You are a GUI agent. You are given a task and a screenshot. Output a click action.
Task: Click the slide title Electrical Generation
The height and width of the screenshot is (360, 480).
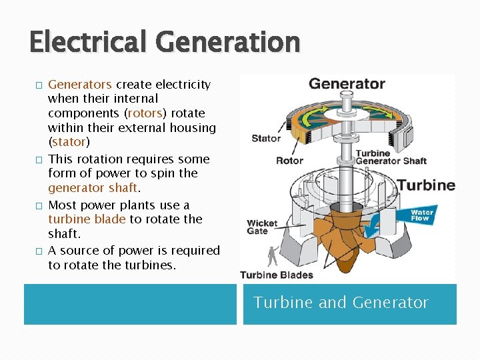[x=165, y=42]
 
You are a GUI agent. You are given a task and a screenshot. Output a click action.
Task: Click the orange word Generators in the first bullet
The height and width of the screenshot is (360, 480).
[x=80, y=85]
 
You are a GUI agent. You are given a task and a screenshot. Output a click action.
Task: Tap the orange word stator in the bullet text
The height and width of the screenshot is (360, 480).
[x=69, y=142]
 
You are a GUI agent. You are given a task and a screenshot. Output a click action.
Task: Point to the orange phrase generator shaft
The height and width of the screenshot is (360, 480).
[x=93, y=188]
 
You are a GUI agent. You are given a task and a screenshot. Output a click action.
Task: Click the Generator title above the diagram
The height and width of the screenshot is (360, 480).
[x=347, y=84]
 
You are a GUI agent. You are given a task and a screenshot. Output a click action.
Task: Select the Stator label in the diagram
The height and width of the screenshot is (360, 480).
[x=266, y=139]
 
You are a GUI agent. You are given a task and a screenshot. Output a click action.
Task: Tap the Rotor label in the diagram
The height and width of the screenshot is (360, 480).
[x=289, y=160]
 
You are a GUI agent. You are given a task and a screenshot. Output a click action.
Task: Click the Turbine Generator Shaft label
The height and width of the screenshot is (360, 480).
[x=391, y=157]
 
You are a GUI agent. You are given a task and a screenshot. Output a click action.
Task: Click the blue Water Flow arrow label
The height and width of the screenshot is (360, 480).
[x=421, y=215]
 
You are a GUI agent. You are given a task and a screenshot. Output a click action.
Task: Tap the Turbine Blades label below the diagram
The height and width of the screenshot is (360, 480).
[x=276, y=275]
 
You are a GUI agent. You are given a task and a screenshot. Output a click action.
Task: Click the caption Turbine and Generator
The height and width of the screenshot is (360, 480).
[x=341, y=303]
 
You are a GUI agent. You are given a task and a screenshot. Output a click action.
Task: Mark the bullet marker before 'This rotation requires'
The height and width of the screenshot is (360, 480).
[x=39, y=160]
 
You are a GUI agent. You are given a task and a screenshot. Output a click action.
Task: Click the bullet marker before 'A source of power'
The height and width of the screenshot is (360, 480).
[x=39, y=251]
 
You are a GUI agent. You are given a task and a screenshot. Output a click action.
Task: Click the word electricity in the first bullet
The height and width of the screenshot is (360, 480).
[x=183, y=85]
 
